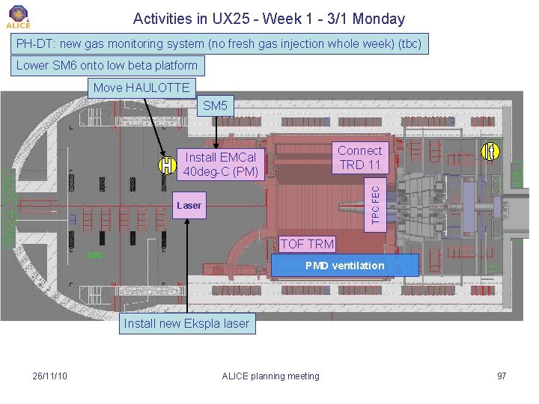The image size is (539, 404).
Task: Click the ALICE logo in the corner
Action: click(19, 17)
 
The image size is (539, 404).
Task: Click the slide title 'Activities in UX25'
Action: click(268, 19)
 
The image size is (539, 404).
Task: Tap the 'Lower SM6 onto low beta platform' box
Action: click(107, 65)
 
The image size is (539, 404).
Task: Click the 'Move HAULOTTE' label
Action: click(141, 88)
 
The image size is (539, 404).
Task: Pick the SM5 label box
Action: click(215, 105)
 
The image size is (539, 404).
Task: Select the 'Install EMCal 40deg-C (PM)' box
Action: click(220, 165)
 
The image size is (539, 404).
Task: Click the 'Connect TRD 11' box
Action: click(359, 157)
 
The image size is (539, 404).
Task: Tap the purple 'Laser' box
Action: click(189, 205)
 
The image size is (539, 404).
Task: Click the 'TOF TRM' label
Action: click(307, 243)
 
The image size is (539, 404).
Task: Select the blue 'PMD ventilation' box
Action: click(344, 266)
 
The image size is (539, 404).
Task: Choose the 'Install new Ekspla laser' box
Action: click(186, 324)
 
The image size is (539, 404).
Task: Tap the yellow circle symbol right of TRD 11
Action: click(490, 152)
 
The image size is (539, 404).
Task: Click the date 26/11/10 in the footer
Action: click(50, 376)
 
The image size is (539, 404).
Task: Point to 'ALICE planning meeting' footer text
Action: click(270, 376)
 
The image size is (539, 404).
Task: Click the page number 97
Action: click(502, 376)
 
